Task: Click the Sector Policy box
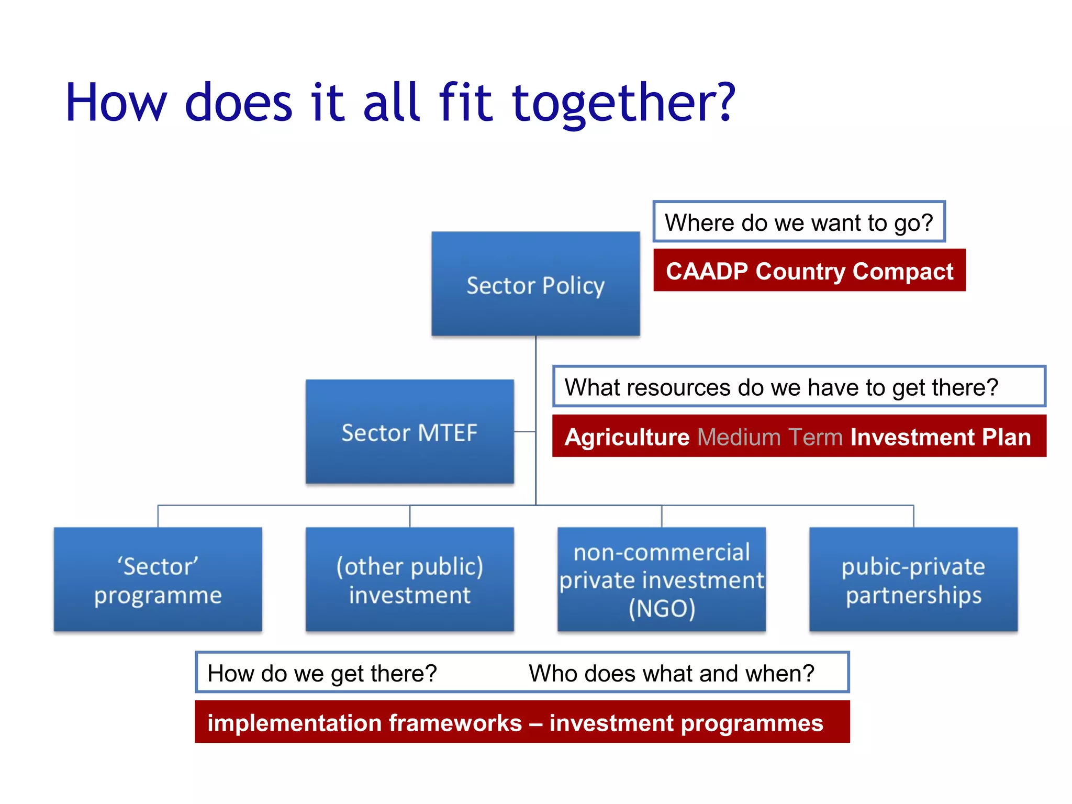tap(535, 284)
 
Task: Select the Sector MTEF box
tap(409, 431)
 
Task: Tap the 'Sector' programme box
tap(158, 579)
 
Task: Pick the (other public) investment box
tap(409, 579)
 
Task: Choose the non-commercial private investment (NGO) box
tap(662, 579)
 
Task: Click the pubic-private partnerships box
tap(913, 579)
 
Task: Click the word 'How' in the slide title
tap(116, 103)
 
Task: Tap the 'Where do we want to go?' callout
tap(799, 222)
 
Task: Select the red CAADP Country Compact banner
tap(809, 271)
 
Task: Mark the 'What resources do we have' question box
tap(799, 387)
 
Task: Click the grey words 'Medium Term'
tap(770, 437)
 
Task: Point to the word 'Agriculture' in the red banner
tap(627, 437)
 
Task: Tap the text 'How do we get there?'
tap(322, 673)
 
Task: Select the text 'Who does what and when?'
tap(672, 673)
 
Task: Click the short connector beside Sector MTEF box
tap(524, 431)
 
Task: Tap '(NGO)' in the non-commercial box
tap(662, 609)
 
